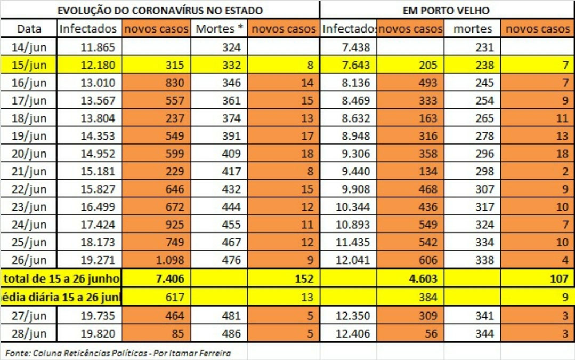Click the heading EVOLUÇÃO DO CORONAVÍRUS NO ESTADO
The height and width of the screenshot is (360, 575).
click(160, 10)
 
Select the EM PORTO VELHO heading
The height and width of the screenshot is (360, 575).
click(447, 10)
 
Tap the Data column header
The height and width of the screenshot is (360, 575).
click(29, 29)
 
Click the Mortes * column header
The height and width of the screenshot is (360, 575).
click(220, 29)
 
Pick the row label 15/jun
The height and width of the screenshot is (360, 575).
click(29, 66)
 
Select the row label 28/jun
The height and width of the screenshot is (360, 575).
click(29, 334)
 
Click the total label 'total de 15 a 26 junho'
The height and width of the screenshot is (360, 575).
click(62, 278)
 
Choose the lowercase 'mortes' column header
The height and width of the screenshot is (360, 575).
click(473, 29)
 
